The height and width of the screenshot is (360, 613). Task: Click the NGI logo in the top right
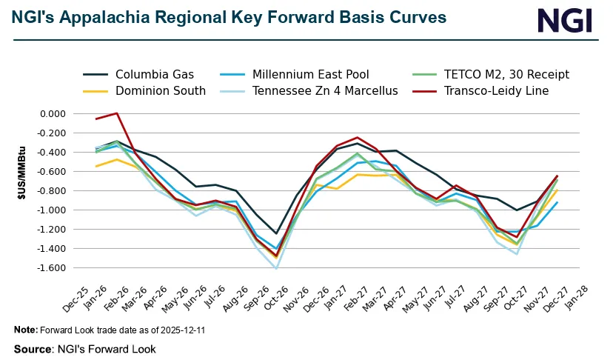pyautogui.click(x=564, y=21)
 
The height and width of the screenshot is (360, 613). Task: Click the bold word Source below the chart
pyautogui.click(x=32, y=347)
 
